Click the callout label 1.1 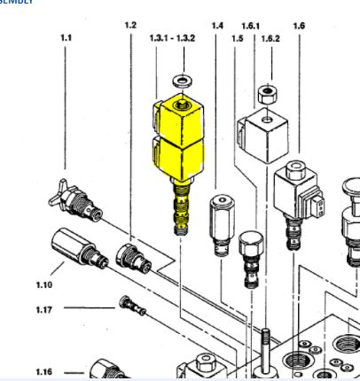pos(66,38)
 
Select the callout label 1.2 pos(130,26)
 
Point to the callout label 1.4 pos(217,26)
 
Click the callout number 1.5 pos(236,39)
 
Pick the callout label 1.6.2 pos(271,39)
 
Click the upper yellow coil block pos(180,117)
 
